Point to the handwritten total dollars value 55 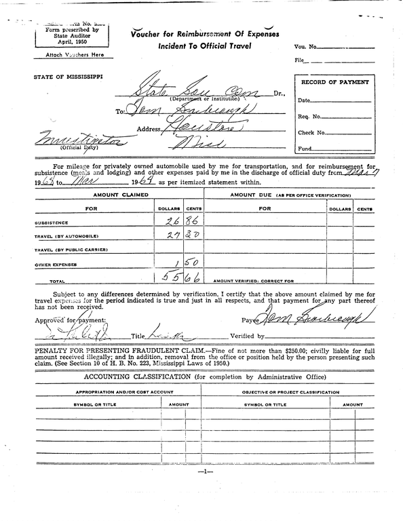168,277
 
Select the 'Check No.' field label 311,132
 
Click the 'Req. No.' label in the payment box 309,116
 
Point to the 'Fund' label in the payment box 305,149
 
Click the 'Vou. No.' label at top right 305,46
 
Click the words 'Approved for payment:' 68,319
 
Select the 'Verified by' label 247,335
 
